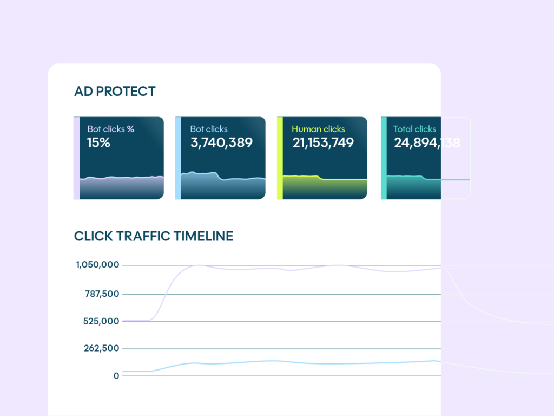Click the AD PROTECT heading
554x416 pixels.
pos(115,92)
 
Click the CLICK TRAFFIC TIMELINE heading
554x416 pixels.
pos(154,236)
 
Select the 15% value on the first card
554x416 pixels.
pos(98,143)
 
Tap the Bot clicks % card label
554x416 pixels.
pos(110,129)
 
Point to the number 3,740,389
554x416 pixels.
pos(221,143)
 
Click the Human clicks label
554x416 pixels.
pos(318,129)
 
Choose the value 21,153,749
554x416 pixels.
pos(323,143)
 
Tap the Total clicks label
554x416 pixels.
pos(414,129)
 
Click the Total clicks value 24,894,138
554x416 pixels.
pos(427,143)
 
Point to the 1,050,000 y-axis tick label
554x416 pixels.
pos(97,265)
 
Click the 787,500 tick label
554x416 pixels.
pos(102,294)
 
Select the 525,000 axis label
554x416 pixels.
pos(102,321)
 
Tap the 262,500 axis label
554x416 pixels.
pos(102,348)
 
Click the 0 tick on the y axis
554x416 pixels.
pos(116,375)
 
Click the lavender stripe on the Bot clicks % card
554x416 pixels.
pos(76,158)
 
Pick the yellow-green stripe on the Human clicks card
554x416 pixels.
pos(280,158)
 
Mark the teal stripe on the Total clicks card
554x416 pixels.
pos(384,158)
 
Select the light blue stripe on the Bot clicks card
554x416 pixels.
pos(178,158)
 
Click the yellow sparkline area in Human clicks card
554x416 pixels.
pos(325,188)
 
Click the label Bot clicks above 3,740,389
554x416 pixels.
pos(209,129)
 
